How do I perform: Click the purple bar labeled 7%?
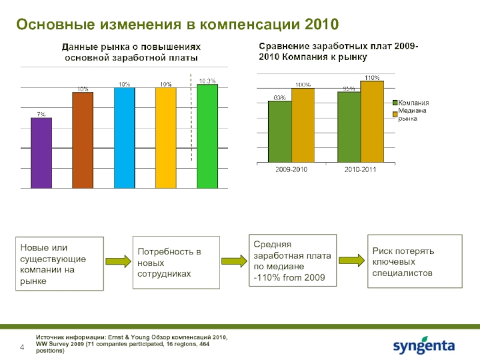coord(41,153)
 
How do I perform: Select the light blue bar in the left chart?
coord(124,138)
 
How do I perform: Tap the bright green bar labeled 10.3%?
coord(207,137)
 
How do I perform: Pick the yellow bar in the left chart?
coord(166,138)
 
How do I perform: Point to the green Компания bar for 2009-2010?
coord(280,131)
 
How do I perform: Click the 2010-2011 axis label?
coord(360,170)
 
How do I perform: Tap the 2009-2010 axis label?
coord(291,170)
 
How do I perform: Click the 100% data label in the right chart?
coord(303,85)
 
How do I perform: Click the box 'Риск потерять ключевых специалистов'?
coord(415,262)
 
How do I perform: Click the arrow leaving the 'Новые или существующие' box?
coord(118,262)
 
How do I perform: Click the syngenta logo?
coord(424,347)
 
